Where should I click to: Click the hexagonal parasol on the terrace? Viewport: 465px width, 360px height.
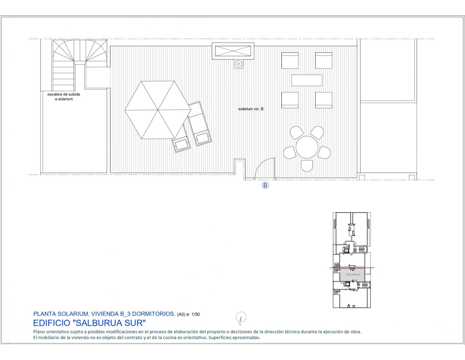click(x=158, y=110)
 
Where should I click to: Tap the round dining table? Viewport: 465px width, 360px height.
click(x=307, y=147)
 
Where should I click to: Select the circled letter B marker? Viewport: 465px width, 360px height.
click(x=265, y=185)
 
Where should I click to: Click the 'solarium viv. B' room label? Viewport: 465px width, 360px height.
click(x=251, y=109)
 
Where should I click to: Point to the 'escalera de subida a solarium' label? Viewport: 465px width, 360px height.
click(x=64, y=97)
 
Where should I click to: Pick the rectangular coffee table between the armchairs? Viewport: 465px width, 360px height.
click(x=307, y=80)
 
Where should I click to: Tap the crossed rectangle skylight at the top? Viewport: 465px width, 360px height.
click(x=233, y=51)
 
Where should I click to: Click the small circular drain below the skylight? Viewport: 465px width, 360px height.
click(x=238, y=63)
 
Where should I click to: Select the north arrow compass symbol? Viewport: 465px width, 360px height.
click(x=241, y=317)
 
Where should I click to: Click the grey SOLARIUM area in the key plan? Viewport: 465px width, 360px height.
click(x=353, y=275)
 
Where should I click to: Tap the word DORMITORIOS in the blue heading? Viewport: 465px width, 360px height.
click(x=153, y=314)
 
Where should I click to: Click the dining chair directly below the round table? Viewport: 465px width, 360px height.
click(x=307, y=166)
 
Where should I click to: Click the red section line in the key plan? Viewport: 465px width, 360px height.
click(x=352, y=268)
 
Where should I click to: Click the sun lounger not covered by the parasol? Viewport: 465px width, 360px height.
click(x=200, y=124)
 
